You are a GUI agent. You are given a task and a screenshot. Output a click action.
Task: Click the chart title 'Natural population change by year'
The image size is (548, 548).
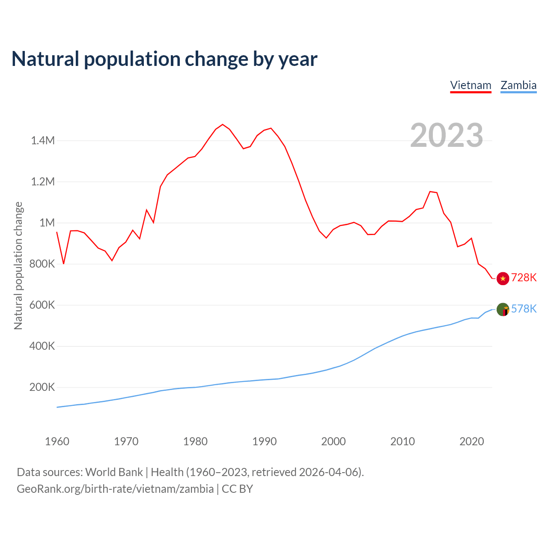[x=164, y=59]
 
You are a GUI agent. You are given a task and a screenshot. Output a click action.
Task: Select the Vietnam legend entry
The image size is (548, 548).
[x=471, y=85]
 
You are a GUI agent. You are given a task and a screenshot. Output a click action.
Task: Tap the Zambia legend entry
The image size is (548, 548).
[x=518, y=85]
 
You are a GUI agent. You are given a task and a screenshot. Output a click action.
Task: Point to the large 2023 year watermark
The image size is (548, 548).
[x=447, y=135]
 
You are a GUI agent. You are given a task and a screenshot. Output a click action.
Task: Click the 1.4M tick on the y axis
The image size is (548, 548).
[x=43, y=140]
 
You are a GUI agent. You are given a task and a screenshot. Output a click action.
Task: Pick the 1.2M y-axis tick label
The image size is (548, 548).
[x=43, y=182]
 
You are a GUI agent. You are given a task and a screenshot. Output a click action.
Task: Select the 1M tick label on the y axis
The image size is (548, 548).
[x=47, y=223]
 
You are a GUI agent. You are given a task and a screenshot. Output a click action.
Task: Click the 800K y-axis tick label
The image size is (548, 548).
[x=42, y=264]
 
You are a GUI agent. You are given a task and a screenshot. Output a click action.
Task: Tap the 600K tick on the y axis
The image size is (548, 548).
[x=42, y=305]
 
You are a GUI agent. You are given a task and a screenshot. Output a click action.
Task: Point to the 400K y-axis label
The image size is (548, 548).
[x=42, y=346]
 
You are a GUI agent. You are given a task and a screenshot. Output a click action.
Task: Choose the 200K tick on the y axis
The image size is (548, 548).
[x=42, y=387]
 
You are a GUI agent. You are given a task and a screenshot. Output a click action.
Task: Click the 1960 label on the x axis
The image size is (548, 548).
[x=57, y=441]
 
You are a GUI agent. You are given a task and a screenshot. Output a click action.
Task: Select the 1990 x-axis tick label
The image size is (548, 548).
[x=264, y=441]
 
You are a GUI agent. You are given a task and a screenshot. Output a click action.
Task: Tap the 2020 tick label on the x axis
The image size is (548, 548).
[x=471, y=441]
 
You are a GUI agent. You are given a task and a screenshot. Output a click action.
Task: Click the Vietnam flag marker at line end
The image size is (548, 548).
[x=503, y=278]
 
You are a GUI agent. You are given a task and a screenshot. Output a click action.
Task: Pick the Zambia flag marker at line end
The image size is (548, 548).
[x=503, y=309]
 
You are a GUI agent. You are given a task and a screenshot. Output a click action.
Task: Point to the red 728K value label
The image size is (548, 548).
[x=524, y=278]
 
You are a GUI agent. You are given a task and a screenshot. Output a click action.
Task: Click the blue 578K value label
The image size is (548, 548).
[x=524, y=309]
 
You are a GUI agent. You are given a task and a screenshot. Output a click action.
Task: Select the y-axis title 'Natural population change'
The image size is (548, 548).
[x=18, y=265]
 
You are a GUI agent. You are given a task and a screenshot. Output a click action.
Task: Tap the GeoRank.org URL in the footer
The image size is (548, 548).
[x=115, y=489]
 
